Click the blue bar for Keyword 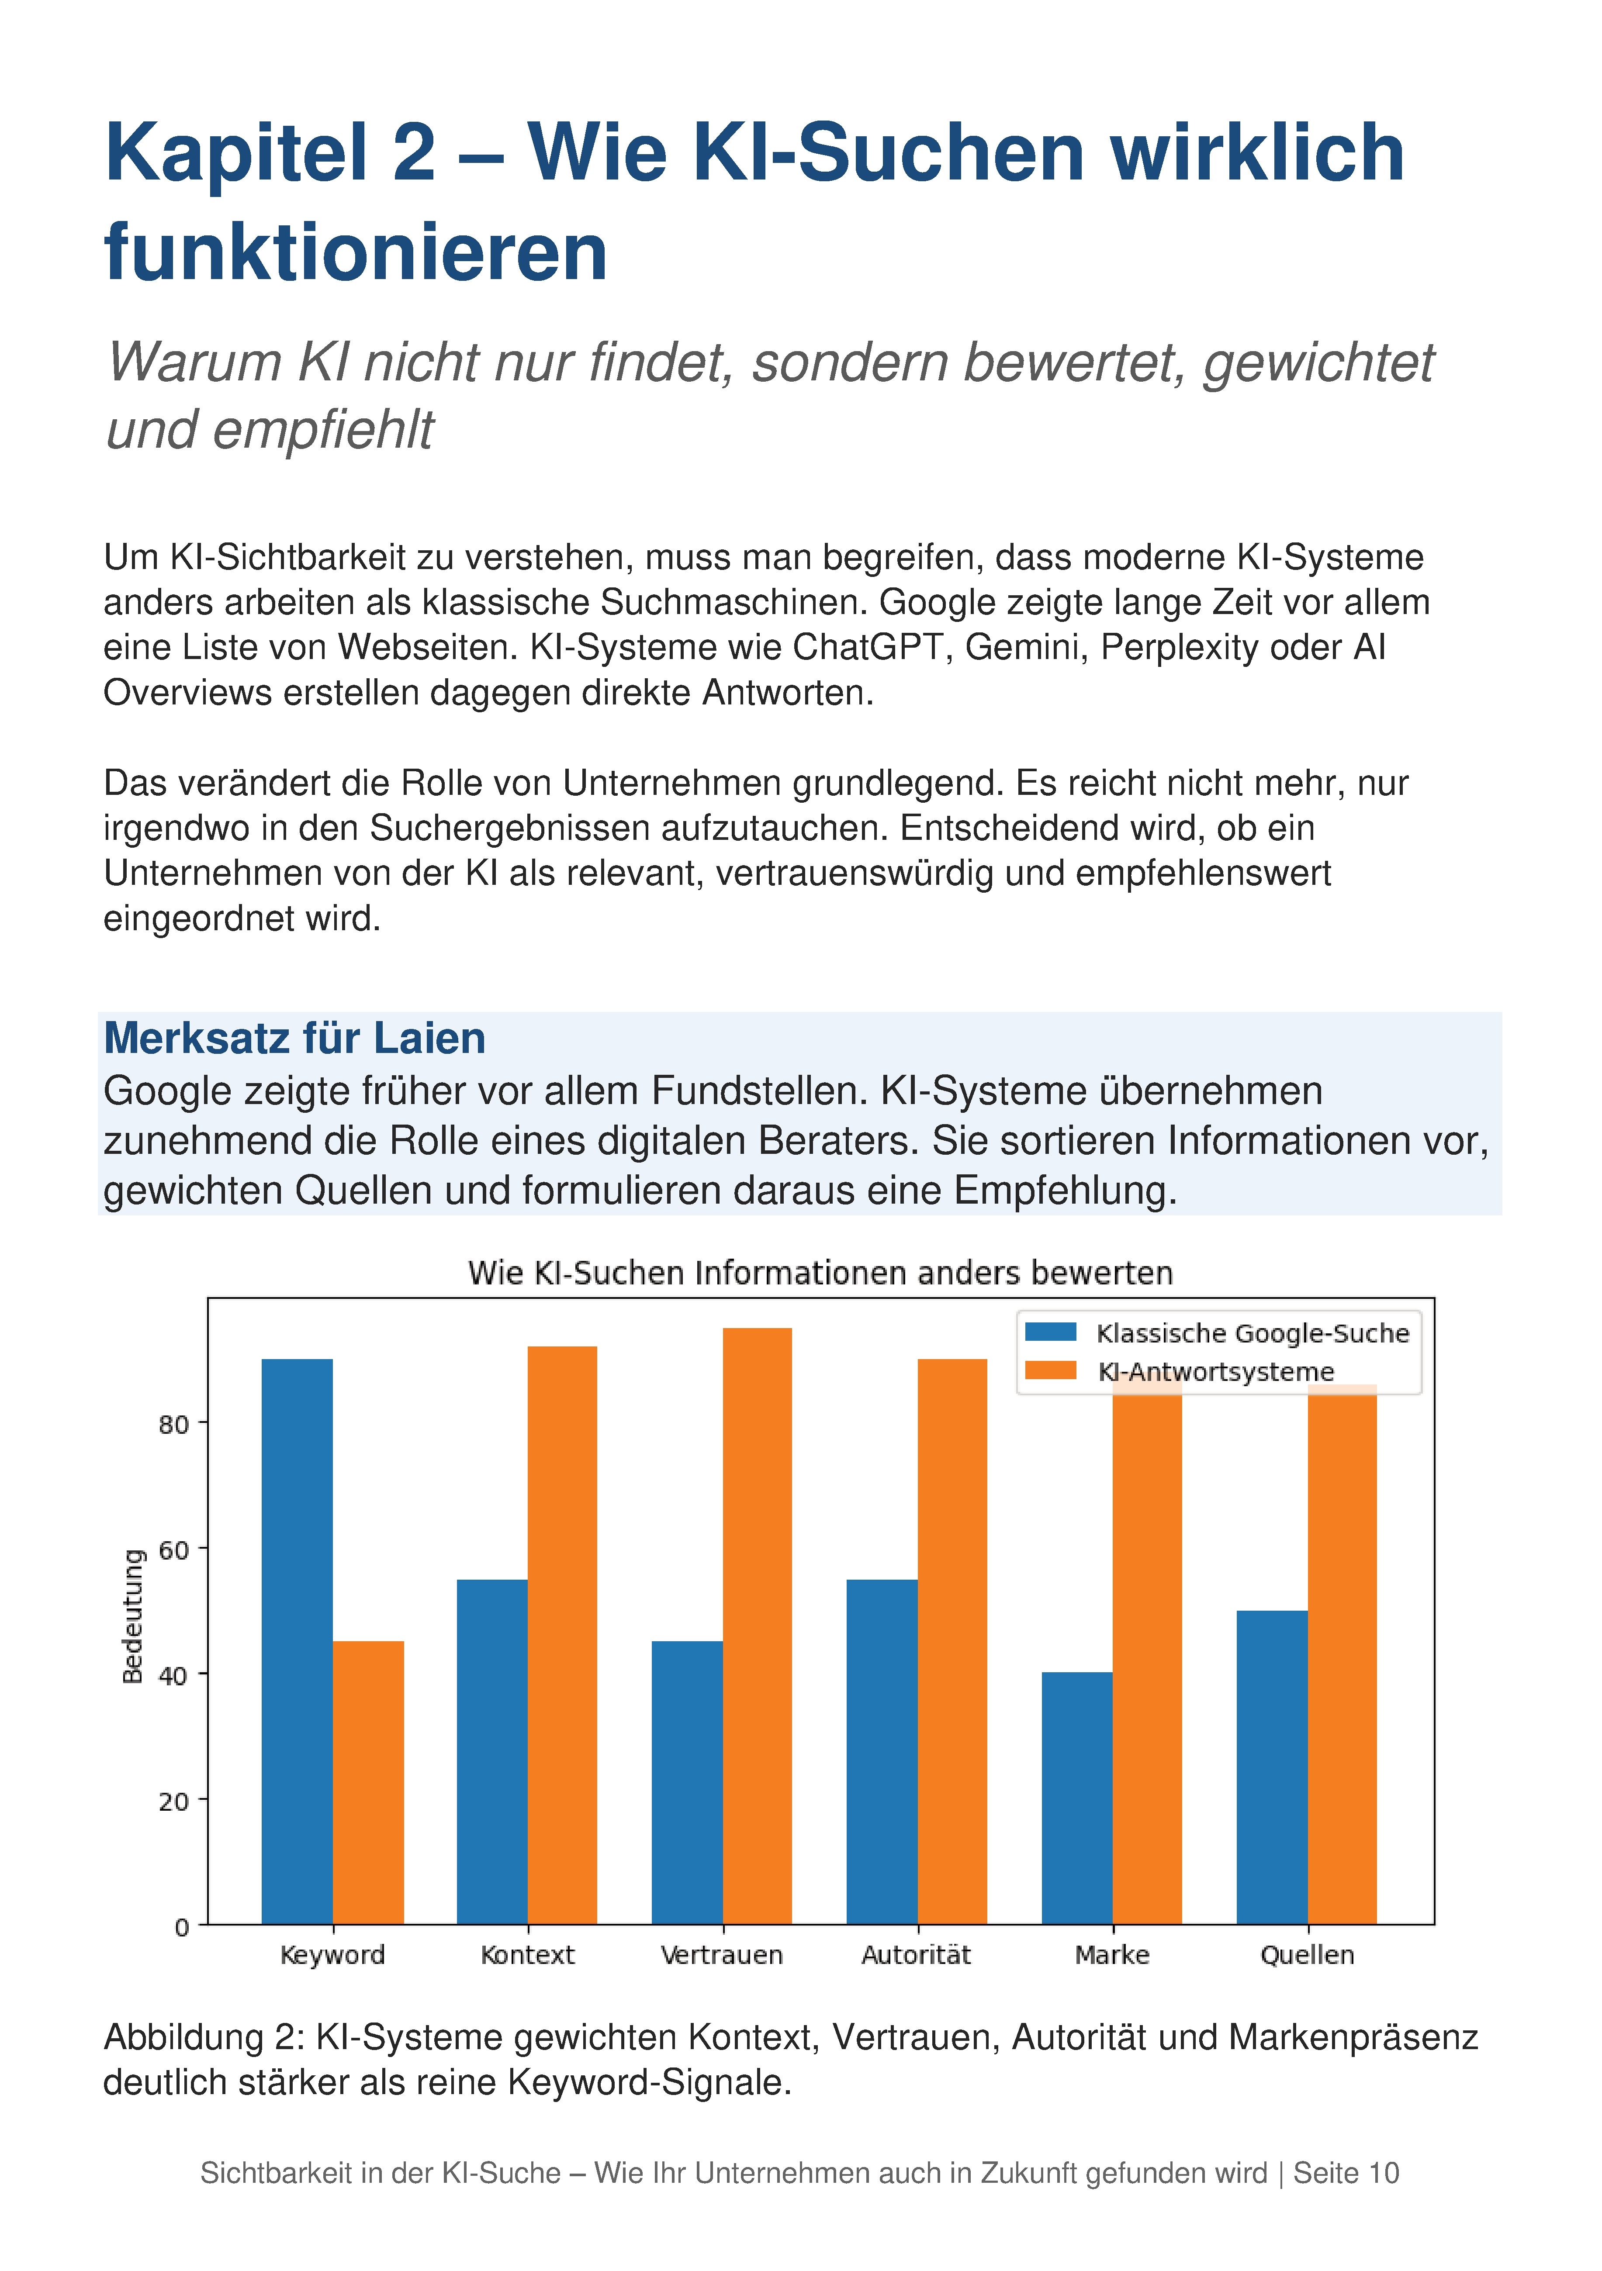pyautogui.click(x=297, y=1642)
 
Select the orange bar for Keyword pyautogui.click(x=368, y=1782)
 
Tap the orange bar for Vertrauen pyautogui.click(x=757, y=1626)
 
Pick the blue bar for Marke pyautogui.click(x=1078, y=1798)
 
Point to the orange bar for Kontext pyautogui.click(x=562, y=1635)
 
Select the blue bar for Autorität pyautogui.click(x=882, y=1752)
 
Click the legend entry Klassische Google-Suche pyautogui.click(x=1217, y=1333)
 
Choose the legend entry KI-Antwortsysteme pyautogui.click(x=1180, y=1371)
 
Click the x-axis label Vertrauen pyautogui.click(x=722, y=1954)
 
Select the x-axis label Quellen pyautogui.click(x=1307, y=1954)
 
